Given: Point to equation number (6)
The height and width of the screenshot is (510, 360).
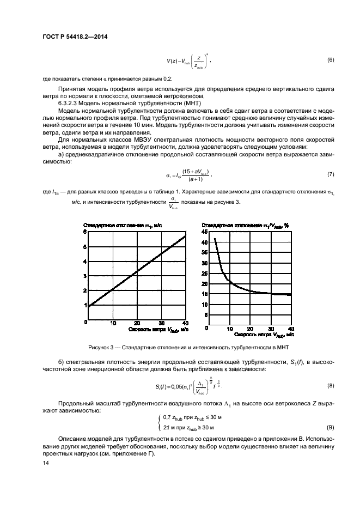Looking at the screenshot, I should click(x=330, y=59).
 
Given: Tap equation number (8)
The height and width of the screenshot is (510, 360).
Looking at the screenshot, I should click(x=330, y=386).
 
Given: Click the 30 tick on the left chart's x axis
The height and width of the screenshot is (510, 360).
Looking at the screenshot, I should click(x=161, y=323).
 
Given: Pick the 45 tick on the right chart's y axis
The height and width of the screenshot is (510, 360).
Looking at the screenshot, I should click(x=205, y=232).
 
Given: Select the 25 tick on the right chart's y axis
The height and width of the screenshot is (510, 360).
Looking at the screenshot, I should click(x=205, y=274).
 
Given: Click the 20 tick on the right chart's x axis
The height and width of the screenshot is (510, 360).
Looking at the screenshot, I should click(x=250, y=329).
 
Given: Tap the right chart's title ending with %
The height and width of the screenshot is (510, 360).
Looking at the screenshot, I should click(x=245, y=224).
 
